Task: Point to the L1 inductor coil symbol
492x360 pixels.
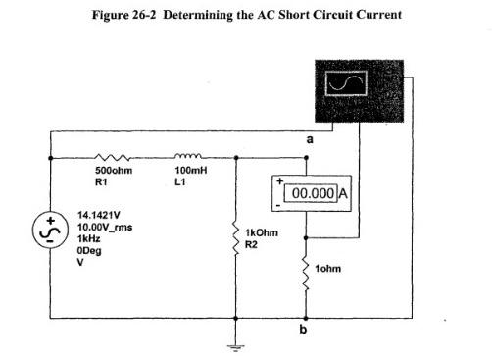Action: pyautogui.click(x=187, y=155)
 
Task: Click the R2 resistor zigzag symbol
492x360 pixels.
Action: pyautogui.click(x=236, y=235)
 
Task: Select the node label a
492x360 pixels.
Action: pyautogui.click(x=309, y=141)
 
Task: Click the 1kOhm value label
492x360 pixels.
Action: pyautogui.click(x=261, y=232)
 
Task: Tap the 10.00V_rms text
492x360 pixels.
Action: pyautogui.click(x=104, y=227)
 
